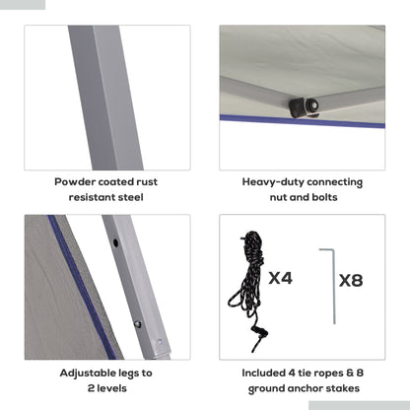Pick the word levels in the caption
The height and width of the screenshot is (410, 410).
point(112,388)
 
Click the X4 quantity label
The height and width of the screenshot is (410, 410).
point(280,278)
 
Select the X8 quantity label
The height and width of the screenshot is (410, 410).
point(351,281)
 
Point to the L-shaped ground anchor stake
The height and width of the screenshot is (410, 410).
point(333,286)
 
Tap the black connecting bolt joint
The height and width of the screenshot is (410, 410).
point(305,107)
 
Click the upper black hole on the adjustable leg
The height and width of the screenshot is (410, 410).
point(115,243)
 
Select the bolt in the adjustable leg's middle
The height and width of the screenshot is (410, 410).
point(138,324)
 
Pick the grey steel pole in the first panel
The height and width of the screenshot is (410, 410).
point(105,98)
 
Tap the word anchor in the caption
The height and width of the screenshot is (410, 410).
point(303,388)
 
